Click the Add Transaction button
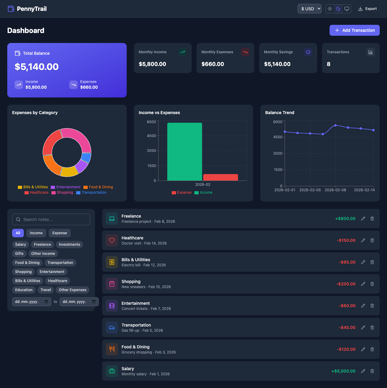click(x=354, y=30)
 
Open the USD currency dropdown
click(x=309, y=9)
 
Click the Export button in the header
click(x=367, y=9)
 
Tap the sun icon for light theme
click(x=330, y=9)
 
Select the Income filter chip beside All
click(x=36, y=233)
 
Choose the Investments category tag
click(x=69, y=245)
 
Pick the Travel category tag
click(x=46, y=290)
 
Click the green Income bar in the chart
click(x=184, y=151)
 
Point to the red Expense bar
click(x=220, y=177)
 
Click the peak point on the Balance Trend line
click(x=335, y=125)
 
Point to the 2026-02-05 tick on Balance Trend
click(x=310, y=190)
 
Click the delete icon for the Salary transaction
click(x=372, y=371)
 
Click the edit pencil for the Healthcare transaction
click(x=363, y=240)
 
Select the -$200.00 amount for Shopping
click(x=346, y=284)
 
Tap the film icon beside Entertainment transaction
click(x=112, y=306)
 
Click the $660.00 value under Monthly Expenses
click(x=213, y=64)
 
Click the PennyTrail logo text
click(x=32, y=9)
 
